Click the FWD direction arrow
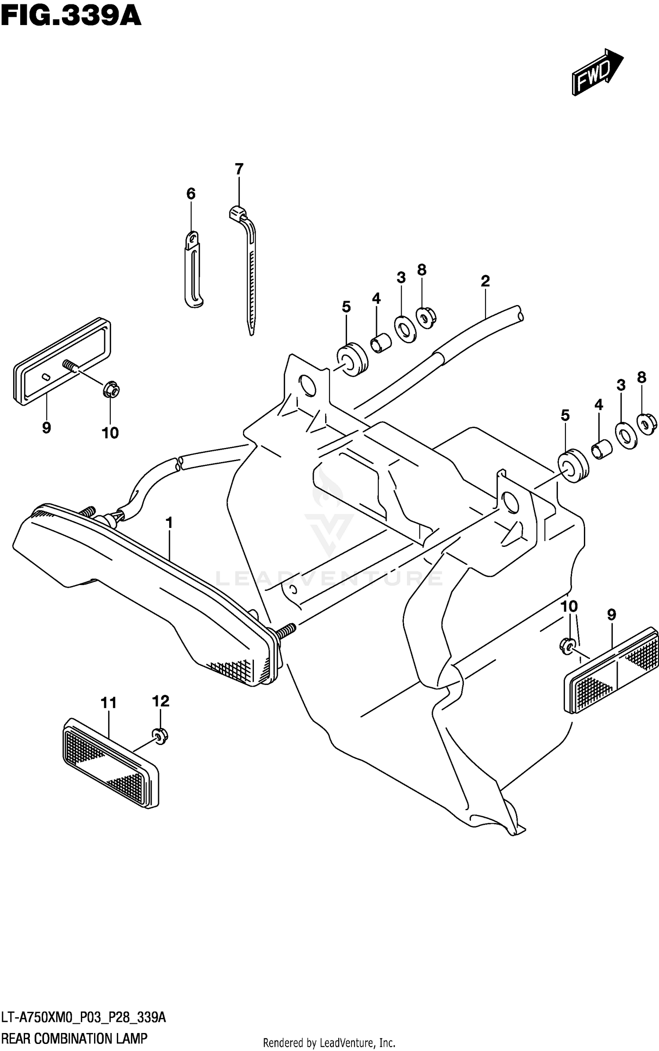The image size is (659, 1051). click(x=597, y=72)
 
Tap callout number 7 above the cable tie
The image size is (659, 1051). click(x=239, y=169)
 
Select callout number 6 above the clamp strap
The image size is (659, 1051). click(x=191, y=193)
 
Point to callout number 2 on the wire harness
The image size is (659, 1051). click(x=485, y=281)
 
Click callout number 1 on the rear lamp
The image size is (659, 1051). click(x=169, y=523)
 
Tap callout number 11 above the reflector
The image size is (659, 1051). click(x=109, y=703)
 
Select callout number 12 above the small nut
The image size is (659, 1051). click(x=160, y=701)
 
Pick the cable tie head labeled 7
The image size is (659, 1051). click(x=238, y=213)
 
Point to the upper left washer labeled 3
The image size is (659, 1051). click(x=406, y=329)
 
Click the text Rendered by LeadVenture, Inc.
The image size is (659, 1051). click(x=329, y=1042)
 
